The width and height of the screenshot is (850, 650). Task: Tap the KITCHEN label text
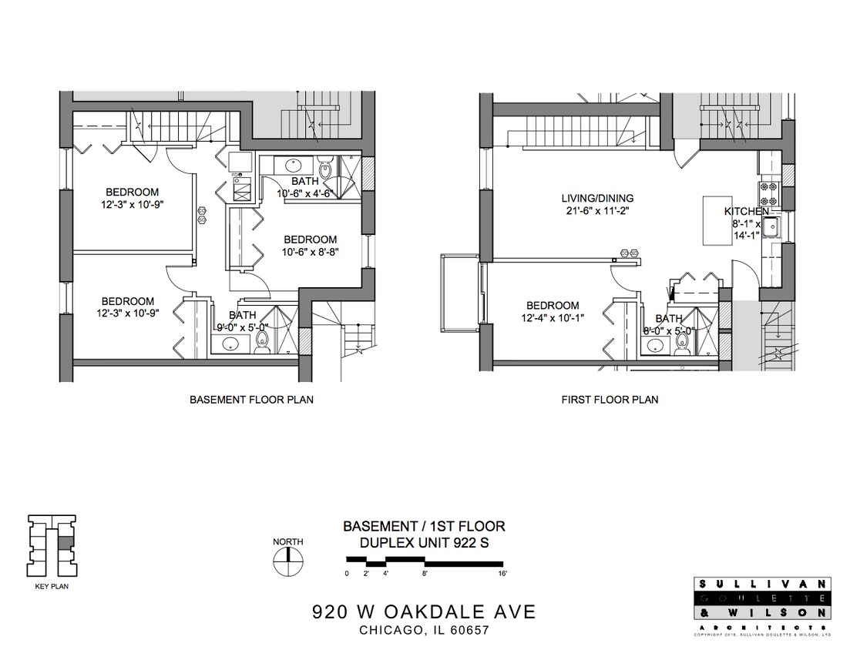[746, 211]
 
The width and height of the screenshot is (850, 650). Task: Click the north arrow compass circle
[288, 561]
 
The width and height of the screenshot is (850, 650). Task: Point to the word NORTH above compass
[288, 541]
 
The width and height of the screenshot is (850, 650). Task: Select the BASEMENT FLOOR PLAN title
[251, 400]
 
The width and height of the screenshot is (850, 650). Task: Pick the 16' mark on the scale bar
[502, 574]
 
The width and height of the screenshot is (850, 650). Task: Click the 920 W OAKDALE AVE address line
[423, 612]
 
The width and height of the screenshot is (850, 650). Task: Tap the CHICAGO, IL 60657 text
[424, 631]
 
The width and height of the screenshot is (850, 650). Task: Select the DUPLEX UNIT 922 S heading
[424, 543]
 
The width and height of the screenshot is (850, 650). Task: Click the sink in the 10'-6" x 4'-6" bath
[293, 165]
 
